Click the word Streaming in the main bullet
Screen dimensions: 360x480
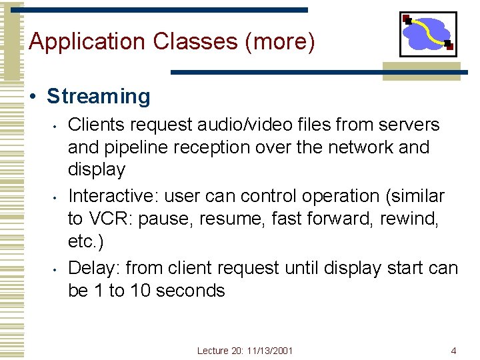98,97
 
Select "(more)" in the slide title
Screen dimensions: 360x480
280,41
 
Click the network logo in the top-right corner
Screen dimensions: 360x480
428,34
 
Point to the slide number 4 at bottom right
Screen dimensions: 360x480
453,351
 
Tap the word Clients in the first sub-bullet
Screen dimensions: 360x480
94,125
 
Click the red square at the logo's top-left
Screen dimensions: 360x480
407,18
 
